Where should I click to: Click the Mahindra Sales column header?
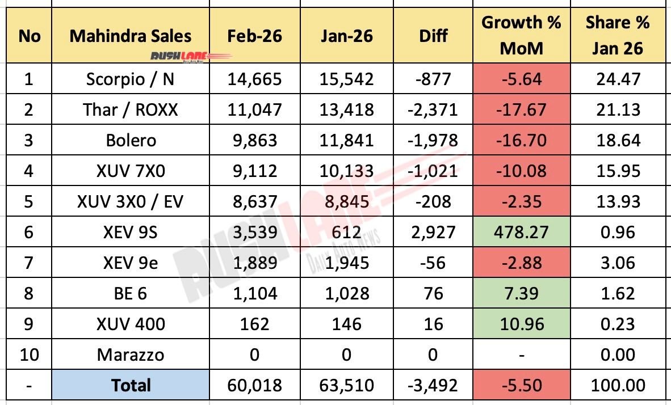tap(130, 36)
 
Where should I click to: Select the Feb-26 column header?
tap(255, 36)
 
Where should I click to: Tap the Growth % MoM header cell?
tap(521, 36)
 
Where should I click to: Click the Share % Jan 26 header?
tap(617, 36)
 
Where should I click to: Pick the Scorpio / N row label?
tap(130, 79)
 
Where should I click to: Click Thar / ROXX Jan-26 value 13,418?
tap(346, 109)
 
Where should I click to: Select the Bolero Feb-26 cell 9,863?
tap(255, 140)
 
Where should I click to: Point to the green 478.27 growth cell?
tap(521, 232)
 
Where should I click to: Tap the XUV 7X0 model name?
tap(130, 171)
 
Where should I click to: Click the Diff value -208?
tap(433, 201)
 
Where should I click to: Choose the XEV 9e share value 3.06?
tap(617, 263)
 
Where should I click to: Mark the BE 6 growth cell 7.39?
tap(521, 293)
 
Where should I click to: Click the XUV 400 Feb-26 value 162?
tap(255, 324)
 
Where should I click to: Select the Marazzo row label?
tap(130, 355)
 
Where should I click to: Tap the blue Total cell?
tap(130, 386)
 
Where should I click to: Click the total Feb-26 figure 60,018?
tap(255, 386)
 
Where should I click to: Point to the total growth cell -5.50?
tap(521, 386)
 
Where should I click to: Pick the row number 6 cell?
tap(29, 232)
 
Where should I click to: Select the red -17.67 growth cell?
tap(521, 109)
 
